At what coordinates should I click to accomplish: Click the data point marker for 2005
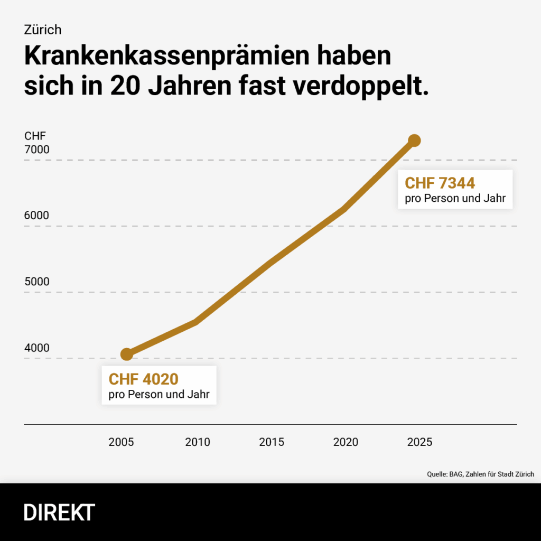click(x=127, y=354)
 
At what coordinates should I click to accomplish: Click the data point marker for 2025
click(x=414, y=140)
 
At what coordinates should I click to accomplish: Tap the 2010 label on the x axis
click(x=198, y=442)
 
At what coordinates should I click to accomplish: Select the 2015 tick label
click(x=272, y=442)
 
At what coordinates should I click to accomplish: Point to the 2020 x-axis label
click(x=346, y=442)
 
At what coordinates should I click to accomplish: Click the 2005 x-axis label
click(x=121, y=442)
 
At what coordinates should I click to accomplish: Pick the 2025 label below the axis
click(x=419, y=442)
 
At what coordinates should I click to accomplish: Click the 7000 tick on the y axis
click(x=37, y=150)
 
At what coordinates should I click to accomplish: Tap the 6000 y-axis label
click(x=37, y=216)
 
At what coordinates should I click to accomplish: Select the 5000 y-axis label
click(x=37, y=282)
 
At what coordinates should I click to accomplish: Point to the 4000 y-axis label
click(x=37, y=348)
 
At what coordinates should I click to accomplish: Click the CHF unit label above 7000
click(x=35, y=136)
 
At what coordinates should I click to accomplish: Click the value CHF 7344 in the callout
click(x=440, y=183)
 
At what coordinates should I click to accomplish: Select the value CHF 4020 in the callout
click(x=144, y=379)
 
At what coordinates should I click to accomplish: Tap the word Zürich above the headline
click(x=43, y=30)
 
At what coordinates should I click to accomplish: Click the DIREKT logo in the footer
click(x=60, y=512)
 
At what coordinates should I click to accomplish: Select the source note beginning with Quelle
click(x=480, y=474)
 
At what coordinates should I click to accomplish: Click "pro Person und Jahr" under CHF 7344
click(x=455, y=199)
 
